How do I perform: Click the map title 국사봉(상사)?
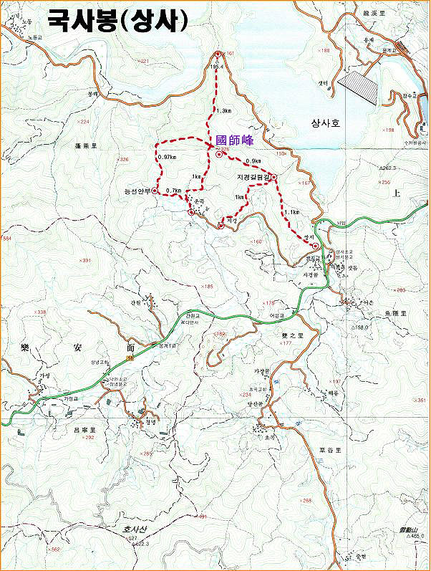click(119, 21)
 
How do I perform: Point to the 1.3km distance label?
click(223, 111)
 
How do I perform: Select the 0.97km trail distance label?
click(166, 157)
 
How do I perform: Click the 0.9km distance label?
click(253, 161)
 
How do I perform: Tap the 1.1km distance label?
click(291, 212)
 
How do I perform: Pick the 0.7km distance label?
click(173, 191)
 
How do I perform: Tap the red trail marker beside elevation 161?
click(218, 54)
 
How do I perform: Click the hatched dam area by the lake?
click(357, 87)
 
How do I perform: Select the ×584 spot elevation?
click(8, 238)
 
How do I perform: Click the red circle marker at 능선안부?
click(155, 191)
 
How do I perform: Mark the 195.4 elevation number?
click(218, 66)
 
